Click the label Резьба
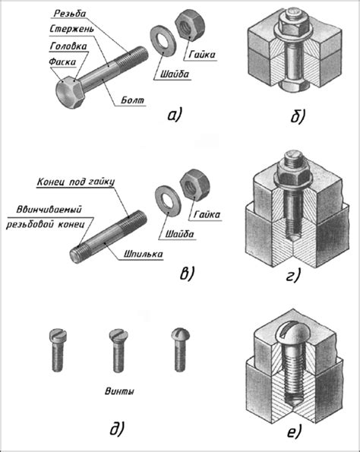[70, 14]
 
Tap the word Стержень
[71, 30]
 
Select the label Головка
[68, 46]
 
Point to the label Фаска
[62, 62]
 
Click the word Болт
[132, 100]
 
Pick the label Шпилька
[143, 254]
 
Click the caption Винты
[119, 391]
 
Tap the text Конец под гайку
[76, 182]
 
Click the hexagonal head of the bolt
[70, 93]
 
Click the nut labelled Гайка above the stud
[195, 185]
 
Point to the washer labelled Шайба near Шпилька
[168, 201]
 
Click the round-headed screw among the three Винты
[181, 349]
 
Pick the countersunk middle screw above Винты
[118, 350]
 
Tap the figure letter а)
[175, 115]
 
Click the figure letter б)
[297, 116]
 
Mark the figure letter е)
[294, 431]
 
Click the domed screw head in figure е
[292, 333]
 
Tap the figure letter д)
[117, 428]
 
